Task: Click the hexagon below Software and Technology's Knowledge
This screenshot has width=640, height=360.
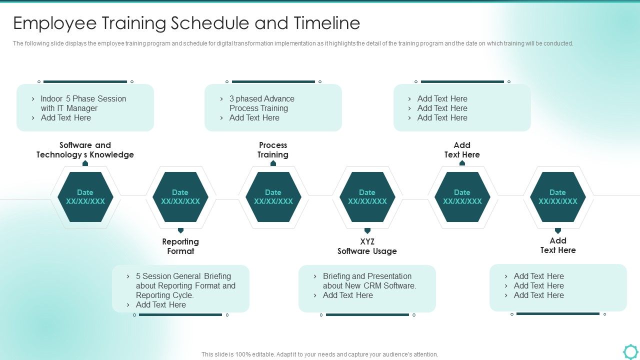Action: pyautogui.click(x=85, y=197)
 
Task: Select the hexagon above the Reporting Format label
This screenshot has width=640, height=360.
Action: pyautogui.click(x=180, y=197)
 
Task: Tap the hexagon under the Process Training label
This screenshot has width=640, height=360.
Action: pyautogui.click(x=273, y=197)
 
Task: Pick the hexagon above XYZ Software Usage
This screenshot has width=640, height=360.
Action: pyautogui.click(x=367, y=197)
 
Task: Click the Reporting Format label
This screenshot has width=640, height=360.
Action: pyautogui.click(x=180, y=246)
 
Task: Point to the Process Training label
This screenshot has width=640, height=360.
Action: pyautogui.click(x=273, y=150)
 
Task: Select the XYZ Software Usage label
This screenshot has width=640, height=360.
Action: pyautogui.click(x=367, y=246)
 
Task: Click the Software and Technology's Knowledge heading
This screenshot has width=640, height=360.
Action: pyautogui.click(x=85, y=150)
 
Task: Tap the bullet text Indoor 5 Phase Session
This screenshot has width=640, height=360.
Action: pyautogui.click(x=83, y=99)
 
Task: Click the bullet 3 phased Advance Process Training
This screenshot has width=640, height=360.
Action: pyautogui.click(x=261, y=103)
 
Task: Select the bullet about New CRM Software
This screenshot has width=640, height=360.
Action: pyautogui.click(x=369, y=281)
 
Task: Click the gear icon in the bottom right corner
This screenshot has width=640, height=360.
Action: pyautogui.click(x=630, y=351)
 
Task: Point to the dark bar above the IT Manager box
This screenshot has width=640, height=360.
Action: pyautogui.click(x=85, y=81)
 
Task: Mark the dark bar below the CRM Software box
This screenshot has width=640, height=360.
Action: pyautogui.click(x=367, y=315)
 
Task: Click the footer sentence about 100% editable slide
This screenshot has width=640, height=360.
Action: pyautogui.click(x=320, y=354)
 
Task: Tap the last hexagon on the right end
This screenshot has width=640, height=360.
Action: pyautogui.click(x=558, y=197)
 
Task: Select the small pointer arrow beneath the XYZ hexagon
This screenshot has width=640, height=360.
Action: pyautogui.click(x=367, y=230)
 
